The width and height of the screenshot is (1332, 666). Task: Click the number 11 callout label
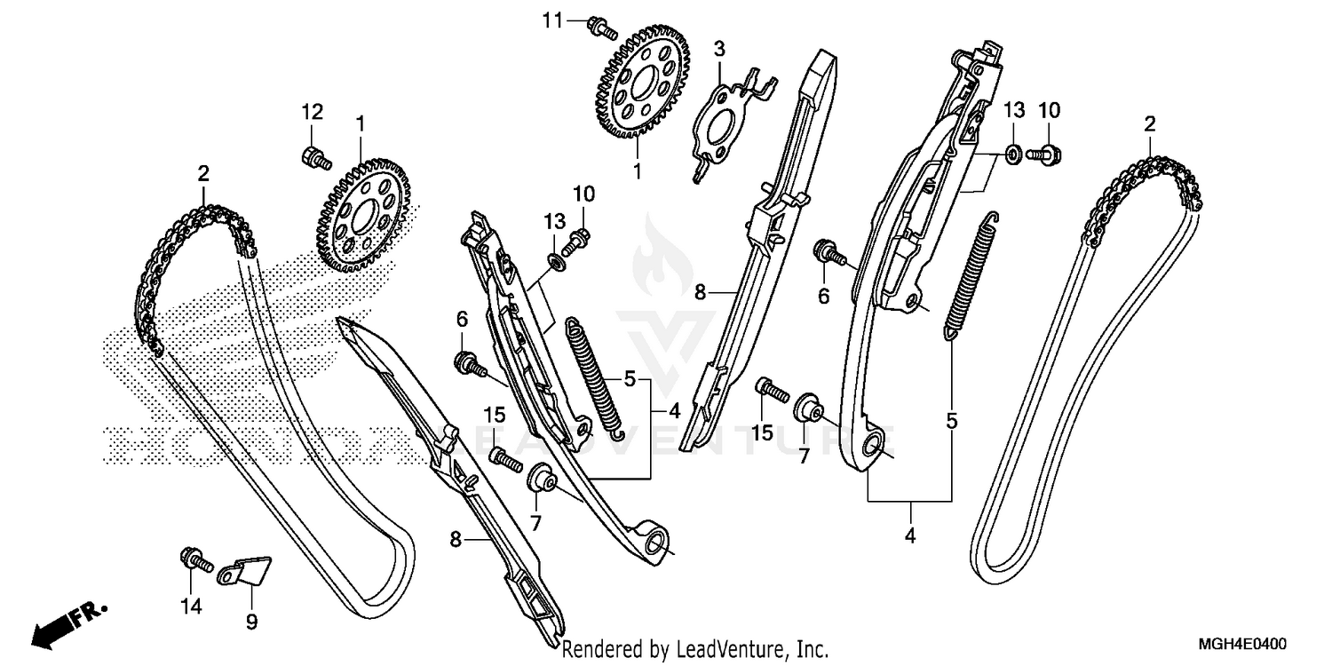point(553,20)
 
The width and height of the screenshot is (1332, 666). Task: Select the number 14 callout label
point(192,607)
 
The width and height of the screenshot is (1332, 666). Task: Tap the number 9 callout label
point(251,622)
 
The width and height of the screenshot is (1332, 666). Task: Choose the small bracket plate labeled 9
point(246,570)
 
